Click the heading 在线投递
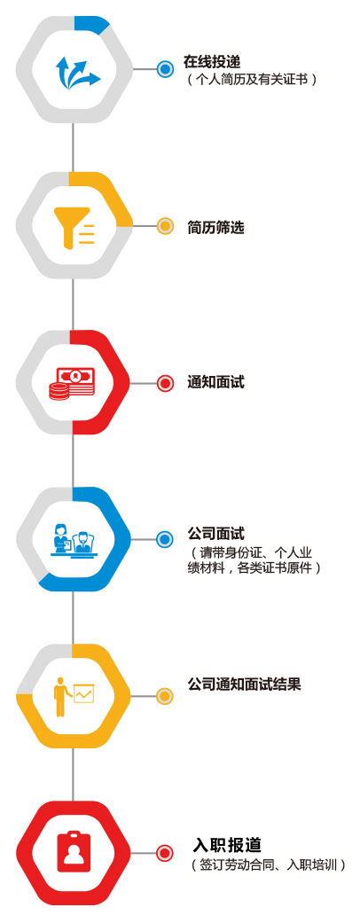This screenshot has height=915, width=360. (212, 61)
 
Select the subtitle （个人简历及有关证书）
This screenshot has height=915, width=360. (253, 80)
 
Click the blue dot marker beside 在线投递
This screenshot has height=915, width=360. (165, 70)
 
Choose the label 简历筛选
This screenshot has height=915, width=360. (215, 227)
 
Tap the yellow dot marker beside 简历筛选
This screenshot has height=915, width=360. (165, 226)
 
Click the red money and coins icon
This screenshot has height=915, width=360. (74, 383)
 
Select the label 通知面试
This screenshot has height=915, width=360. (215, 382)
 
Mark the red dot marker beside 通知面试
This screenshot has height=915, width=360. (165, 383)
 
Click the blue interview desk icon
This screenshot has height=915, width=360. (74, 540)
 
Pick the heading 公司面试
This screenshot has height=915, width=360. (215, 534)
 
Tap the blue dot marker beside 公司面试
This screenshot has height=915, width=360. (165, 539)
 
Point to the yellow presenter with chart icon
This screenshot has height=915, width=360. (74, 696)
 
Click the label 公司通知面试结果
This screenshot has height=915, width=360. (244, 684)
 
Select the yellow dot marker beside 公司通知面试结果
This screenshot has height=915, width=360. (165, 696)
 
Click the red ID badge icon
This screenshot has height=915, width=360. (74, 851)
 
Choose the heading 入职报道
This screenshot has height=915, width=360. (227, 844)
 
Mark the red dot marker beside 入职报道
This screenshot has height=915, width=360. (165, 853)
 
